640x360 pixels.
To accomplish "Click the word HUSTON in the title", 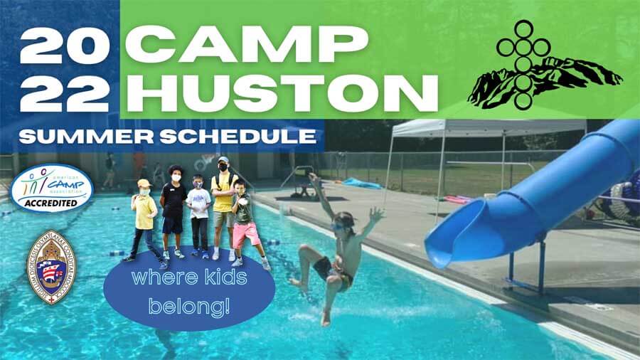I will point(282,92).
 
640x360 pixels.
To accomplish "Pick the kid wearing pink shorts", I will point(245,221).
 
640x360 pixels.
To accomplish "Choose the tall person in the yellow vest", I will point(223,203).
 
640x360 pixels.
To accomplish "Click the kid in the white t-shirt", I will point(199,213).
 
